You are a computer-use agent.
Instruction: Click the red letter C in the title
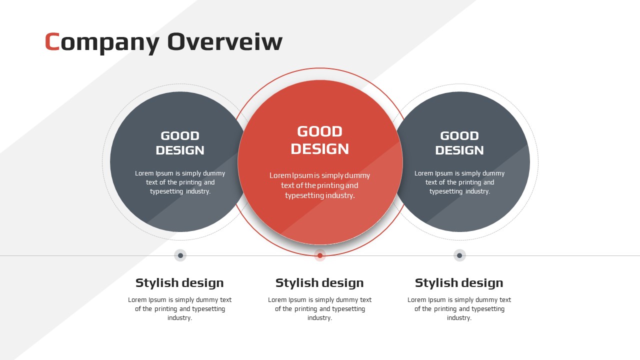(x=52, y=41)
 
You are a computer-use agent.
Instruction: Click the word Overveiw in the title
(x=225, y=41)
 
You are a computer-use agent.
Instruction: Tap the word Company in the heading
(x=102, y=43)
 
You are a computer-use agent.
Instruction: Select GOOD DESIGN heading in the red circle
(x=319, y=140)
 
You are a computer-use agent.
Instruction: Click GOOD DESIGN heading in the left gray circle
(x=180, y=143)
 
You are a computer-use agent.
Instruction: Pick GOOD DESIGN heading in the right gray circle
(x=459, y=143)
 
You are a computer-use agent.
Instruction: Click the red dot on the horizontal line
(x=320, y=255)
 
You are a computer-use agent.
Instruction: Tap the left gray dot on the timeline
(x=180, y=255)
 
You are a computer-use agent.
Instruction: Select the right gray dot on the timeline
(x=459, y=255)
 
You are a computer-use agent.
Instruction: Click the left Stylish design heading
(x=179, y=283)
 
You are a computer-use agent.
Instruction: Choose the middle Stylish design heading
(x=319, y=283)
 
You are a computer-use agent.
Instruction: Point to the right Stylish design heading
(x=459, y=283)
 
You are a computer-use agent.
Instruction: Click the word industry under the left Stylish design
(x=179, y=318)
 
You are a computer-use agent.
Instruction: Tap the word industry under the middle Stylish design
(x=319, y=318)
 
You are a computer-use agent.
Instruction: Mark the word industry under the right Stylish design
(x=458, y=318)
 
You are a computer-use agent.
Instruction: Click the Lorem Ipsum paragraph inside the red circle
(x=319, y=185)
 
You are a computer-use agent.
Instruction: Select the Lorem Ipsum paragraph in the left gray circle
(x=180, y=182)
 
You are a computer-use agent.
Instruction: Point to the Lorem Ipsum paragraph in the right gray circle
(x=459, y=182)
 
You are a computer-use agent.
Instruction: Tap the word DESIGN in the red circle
(x=319, y=149)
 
